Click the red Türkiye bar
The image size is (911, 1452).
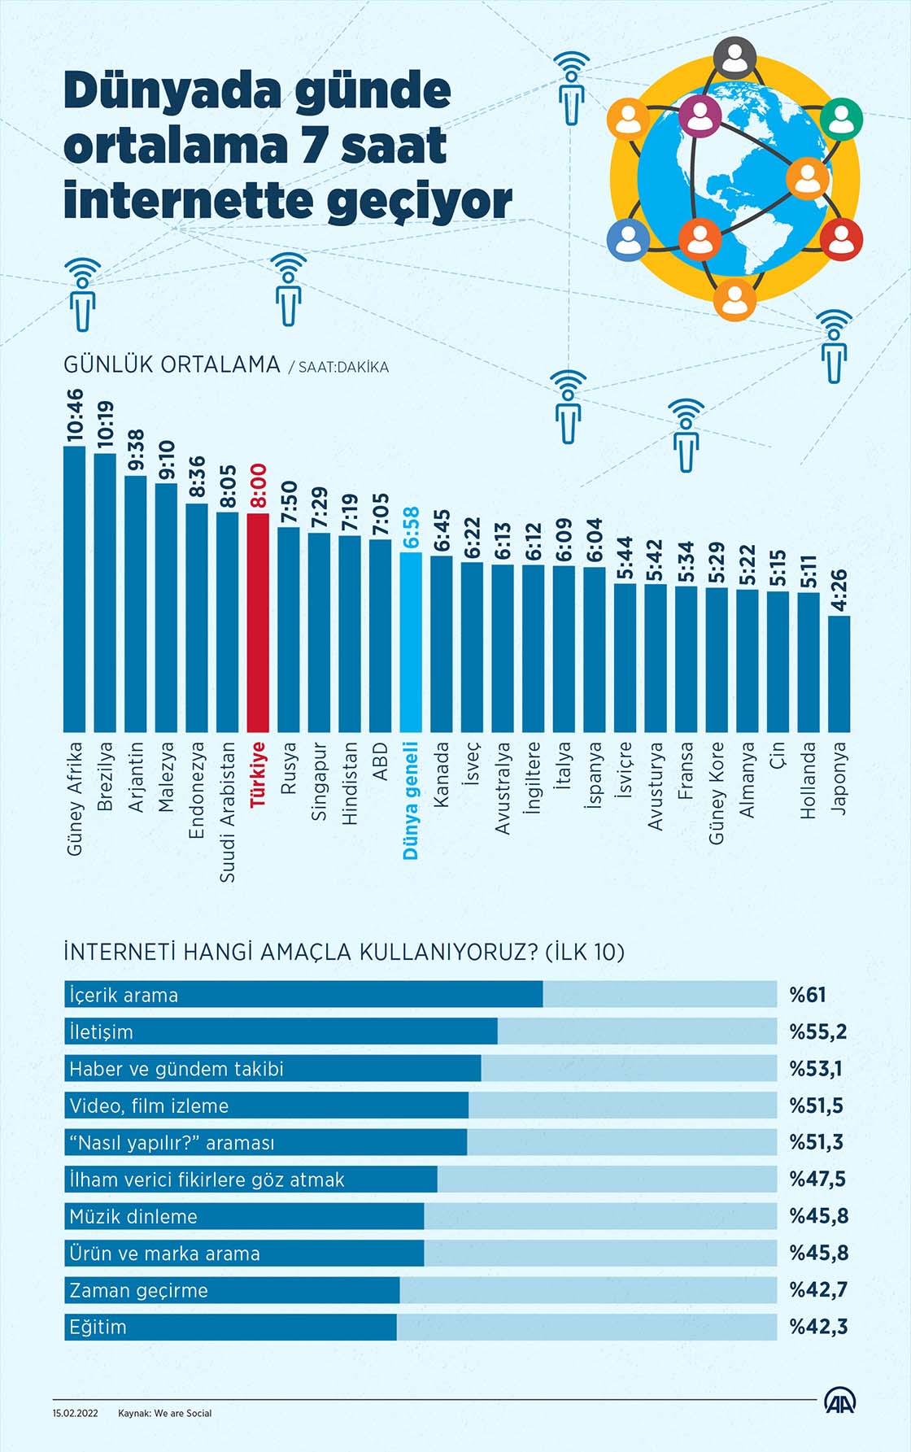coord(258,622)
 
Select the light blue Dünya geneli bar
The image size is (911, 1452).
coord(411,643)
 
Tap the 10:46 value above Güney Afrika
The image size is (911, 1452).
coord(75,415)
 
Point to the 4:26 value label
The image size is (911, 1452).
coord(839,591)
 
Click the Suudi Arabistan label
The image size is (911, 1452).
coord(228,811)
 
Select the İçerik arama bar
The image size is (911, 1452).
coord(303,994)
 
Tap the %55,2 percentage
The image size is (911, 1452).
coord(817,1031)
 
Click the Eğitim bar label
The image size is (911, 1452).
coord(98,1327)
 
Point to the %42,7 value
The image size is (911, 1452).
coord(817,1289)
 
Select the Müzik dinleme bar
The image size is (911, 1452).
coord(244,1216)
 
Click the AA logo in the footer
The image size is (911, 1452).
coord(840,1402)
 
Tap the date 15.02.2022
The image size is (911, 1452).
coord(76,1413)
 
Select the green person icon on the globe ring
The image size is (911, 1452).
coord(840,119)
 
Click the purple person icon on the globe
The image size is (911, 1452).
coord(699,115)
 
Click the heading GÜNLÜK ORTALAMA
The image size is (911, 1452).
coord(172,364)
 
